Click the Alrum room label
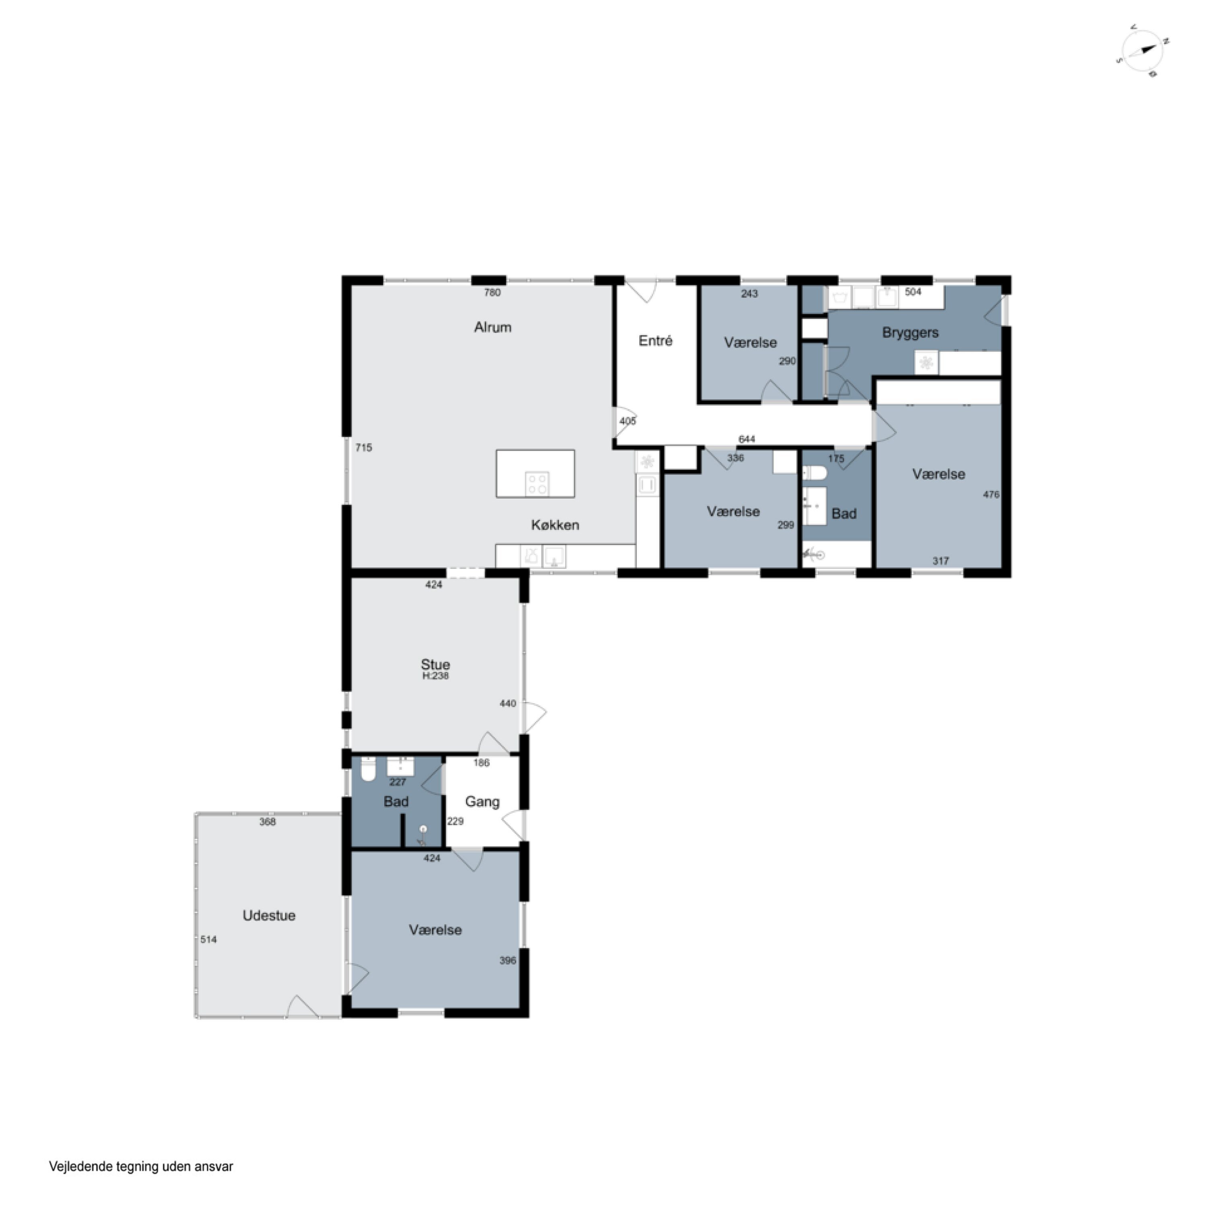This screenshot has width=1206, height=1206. [492, 327]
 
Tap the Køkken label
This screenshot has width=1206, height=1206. [555, 525]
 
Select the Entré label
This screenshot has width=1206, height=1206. [655, 341]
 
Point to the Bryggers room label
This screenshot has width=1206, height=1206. [910, 333]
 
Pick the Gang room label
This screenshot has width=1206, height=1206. [482, 802]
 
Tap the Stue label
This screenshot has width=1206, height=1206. [435, 664]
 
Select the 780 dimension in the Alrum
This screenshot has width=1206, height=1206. [492, 292]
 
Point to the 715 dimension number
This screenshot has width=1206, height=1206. [364, 447]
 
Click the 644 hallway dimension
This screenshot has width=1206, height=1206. [747, 439]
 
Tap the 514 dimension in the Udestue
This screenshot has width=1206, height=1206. [209, 939]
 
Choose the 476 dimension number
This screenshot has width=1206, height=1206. [991, 494]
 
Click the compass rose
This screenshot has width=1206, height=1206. [1142, 51]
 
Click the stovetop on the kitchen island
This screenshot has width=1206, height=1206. [537, 484]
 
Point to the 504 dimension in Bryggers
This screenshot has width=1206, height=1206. [913, 292]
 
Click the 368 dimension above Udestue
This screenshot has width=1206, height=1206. [268, 822]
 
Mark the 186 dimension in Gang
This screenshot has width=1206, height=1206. [481, 763]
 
